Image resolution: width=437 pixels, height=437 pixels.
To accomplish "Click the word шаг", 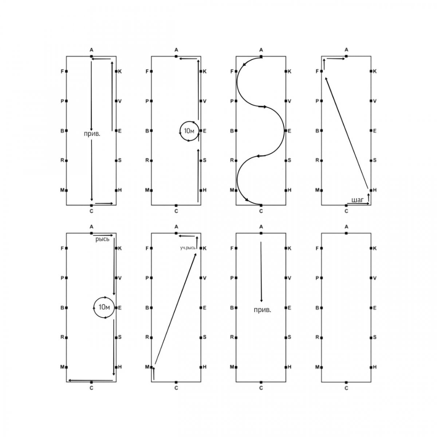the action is coord(357,200).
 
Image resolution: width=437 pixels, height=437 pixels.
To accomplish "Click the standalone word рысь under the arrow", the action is coord(102,239).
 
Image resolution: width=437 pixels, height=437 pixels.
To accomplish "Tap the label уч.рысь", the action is coord(188,248).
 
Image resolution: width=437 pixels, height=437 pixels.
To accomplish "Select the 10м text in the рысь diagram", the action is coord(104,307).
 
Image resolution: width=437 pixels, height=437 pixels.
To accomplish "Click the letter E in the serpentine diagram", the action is coord(290,131).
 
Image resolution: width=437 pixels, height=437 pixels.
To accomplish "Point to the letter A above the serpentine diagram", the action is coord(261,50).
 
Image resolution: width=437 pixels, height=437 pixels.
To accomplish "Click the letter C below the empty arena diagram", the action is coord(346,388).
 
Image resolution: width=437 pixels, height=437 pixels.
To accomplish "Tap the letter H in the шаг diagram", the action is coord(375,190).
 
